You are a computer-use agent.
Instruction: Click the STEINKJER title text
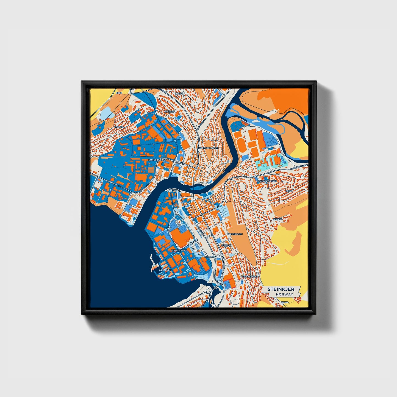click(x=281, y=289)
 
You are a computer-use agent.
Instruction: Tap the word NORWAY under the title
click(x=285, y=294)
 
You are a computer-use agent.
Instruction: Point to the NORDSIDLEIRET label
click(x=157, y=160)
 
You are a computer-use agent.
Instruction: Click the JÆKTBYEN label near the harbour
click(x=165, y=270)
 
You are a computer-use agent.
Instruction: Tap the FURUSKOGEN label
click(x=235, y=234)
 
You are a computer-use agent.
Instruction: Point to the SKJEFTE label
click(x=277, y=219)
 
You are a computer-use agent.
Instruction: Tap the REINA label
click(x=289, y=191)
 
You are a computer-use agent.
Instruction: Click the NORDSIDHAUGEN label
click(x=209, y=148)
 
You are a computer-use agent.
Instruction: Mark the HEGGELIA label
click(x=169, y=112)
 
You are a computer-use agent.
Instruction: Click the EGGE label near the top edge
click(x=119, y=93)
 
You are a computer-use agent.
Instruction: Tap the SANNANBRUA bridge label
click(x=208, y=257)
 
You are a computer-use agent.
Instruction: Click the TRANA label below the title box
click(x=285, y=302)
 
